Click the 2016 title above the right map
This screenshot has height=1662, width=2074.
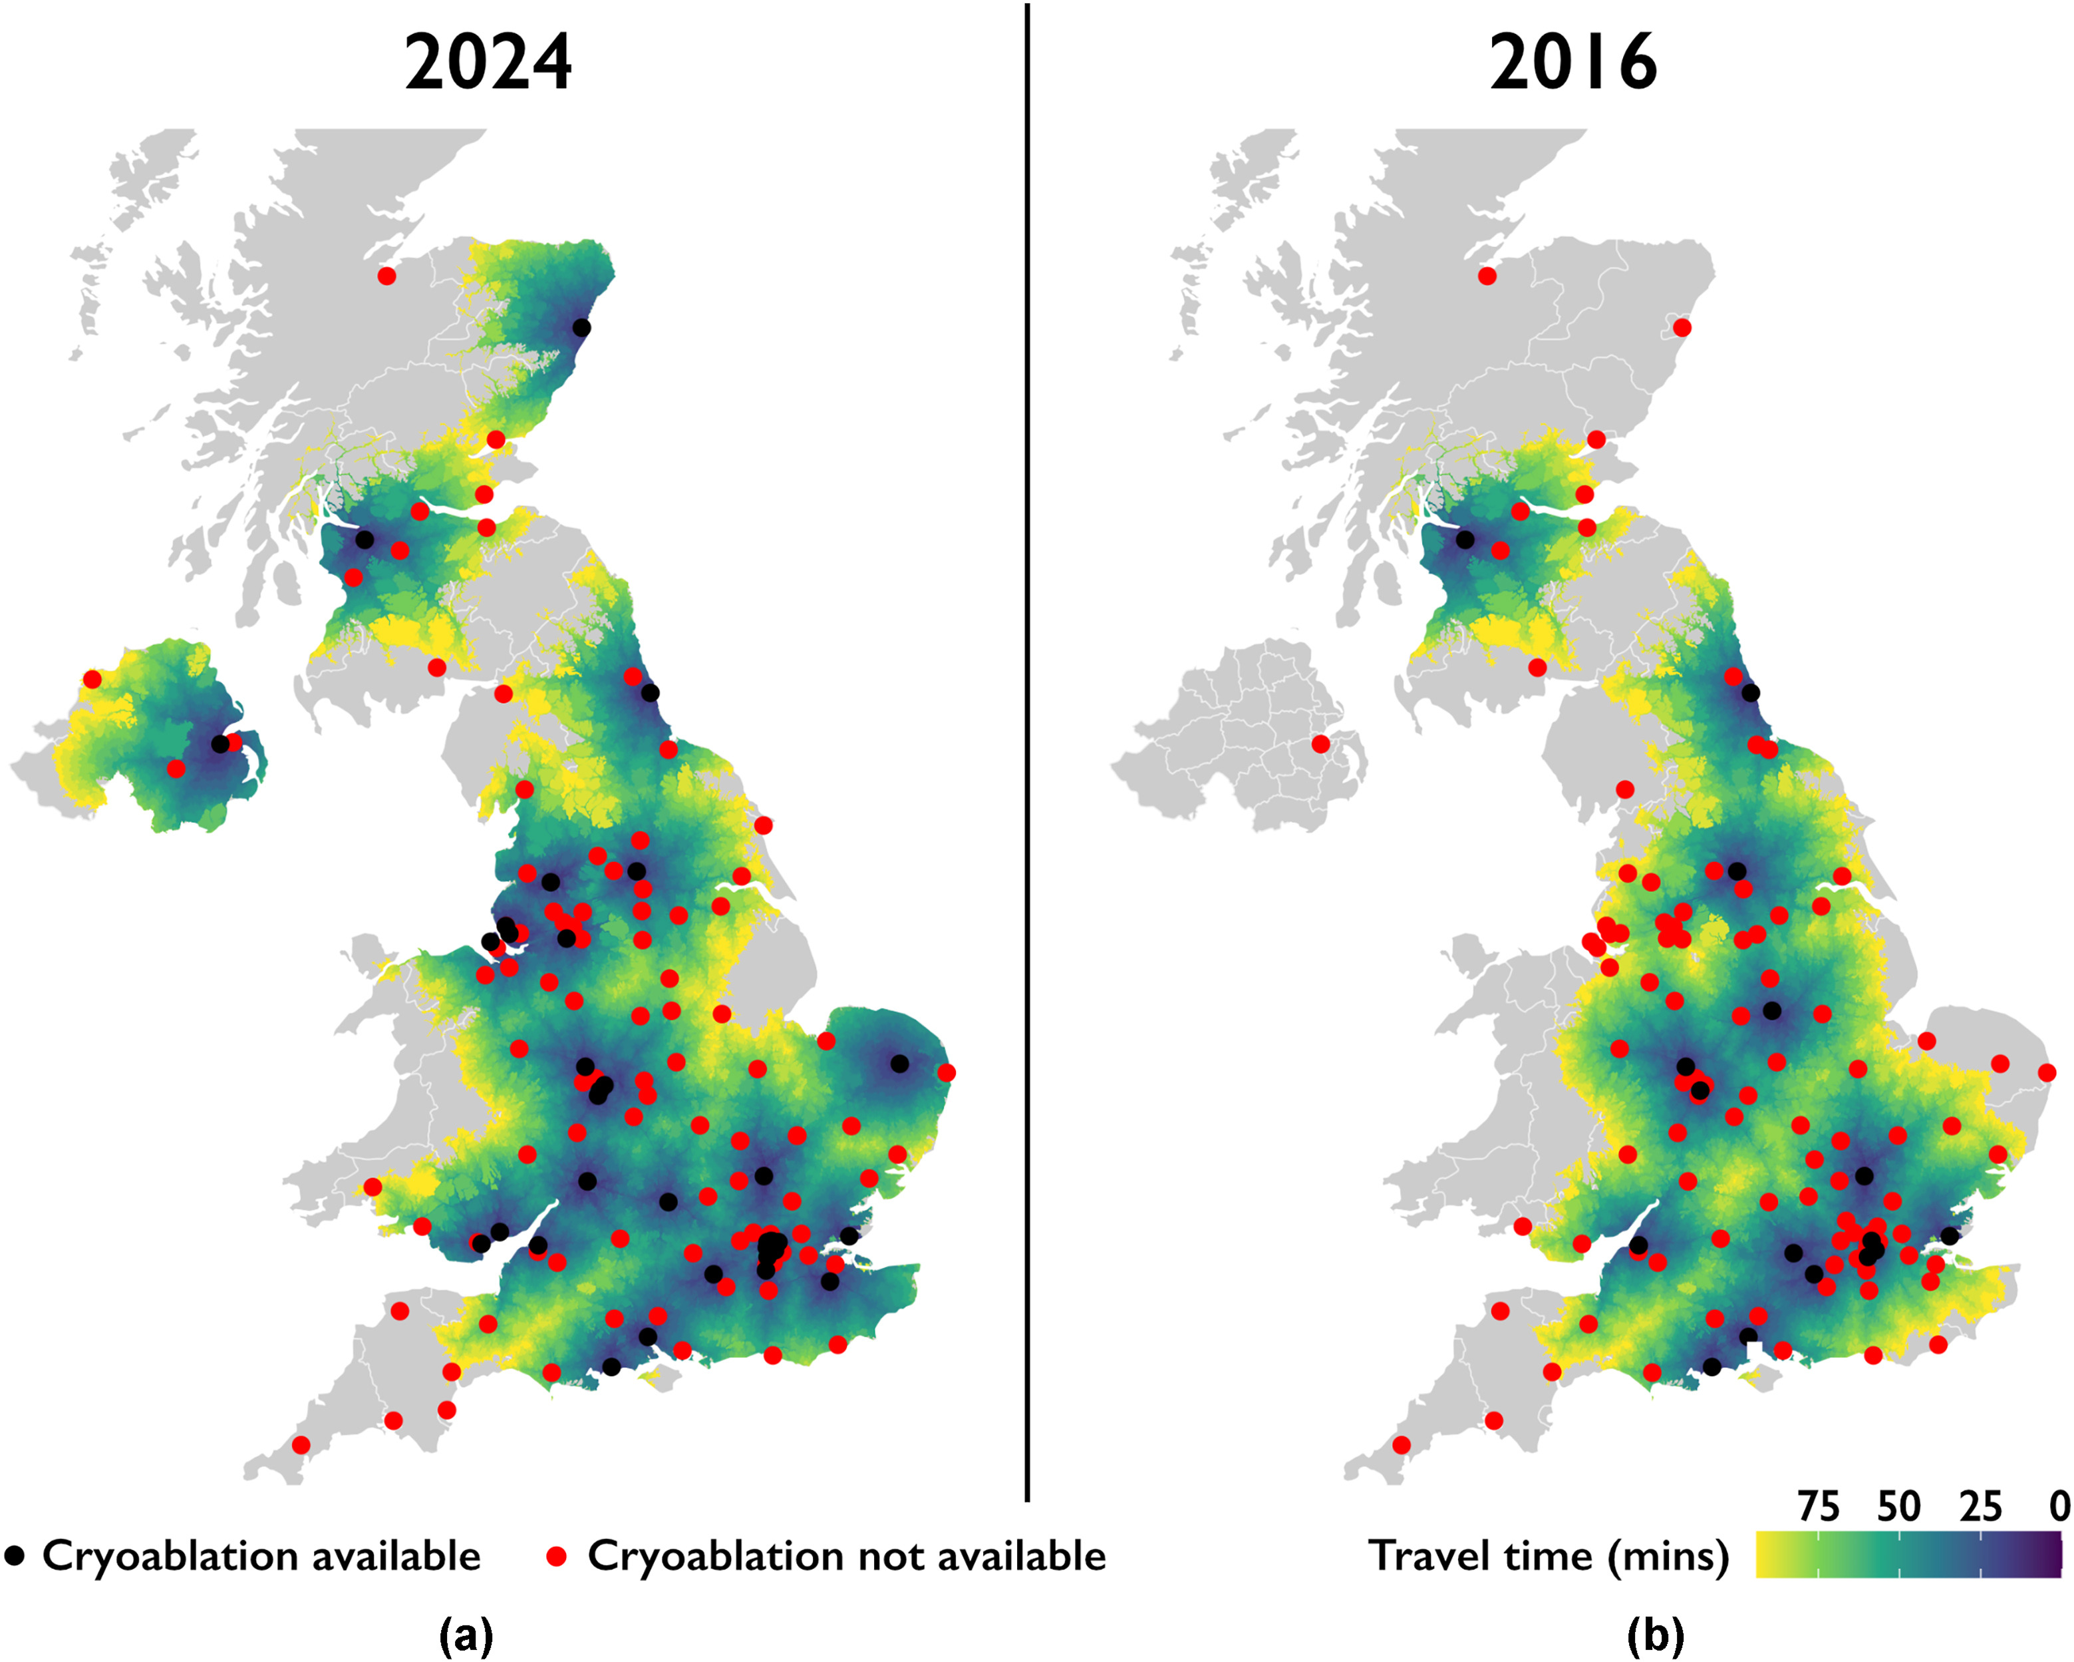click(1574, 63)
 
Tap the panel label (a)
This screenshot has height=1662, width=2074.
click(466, 1634)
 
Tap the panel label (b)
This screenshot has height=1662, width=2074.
click(1656, 1634)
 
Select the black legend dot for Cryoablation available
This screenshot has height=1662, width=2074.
click(15, 1556)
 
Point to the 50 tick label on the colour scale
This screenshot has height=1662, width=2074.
click(1899, 1507)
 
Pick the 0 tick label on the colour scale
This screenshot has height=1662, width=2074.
click(2059, 1507)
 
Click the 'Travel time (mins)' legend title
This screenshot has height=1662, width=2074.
click(1549, 1556)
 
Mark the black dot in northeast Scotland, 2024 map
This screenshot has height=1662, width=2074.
click(581, 327)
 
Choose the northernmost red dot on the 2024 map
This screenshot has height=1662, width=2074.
click(386, 276)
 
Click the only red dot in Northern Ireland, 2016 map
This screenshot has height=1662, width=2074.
click(1321, 744)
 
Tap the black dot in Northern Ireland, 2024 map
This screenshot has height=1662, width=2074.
click(220, 744)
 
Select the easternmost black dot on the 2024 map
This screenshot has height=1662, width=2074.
click(899, 1064)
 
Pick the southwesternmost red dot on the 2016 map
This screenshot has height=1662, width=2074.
click(1402, 1444)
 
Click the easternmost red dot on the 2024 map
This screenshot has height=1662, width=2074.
click(947, 1072)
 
